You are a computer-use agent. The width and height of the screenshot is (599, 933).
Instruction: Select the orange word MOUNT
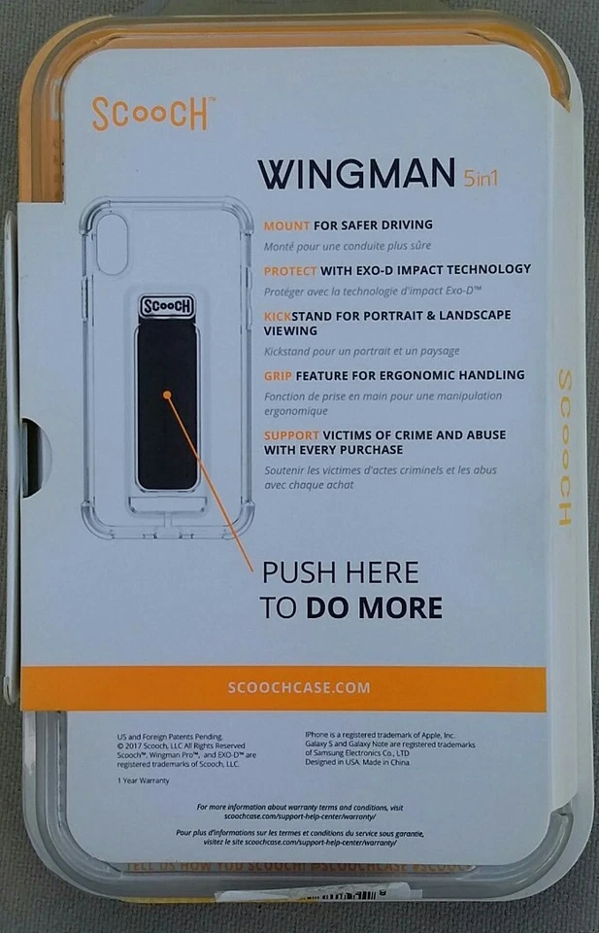287,225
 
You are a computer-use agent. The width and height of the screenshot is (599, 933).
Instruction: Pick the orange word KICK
281,316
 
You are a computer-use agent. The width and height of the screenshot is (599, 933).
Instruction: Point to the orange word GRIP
280,375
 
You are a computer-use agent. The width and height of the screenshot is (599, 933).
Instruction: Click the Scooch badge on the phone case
167,307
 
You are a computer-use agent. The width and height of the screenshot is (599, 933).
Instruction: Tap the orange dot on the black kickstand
168,395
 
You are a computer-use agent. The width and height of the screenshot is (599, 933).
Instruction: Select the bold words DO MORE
374,608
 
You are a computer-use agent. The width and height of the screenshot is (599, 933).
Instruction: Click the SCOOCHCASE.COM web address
298,687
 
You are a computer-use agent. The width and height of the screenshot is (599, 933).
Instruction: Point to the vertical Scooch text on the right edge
564,446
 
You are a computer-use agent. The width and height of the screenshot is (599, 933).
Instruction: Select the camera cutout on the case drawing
109,234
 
